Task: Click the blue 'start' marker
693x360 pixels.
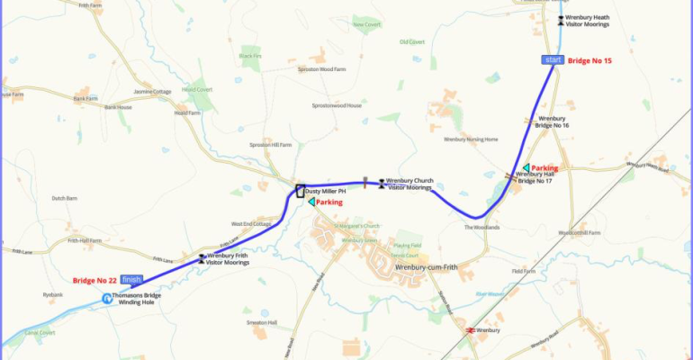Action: coord(553,59)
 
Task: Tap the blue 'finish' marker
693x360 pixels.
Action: coord(131,279)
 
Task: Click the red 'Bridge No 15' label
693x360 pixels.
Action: coord(589,60)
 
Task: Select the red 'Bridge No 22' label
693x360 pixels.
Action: coord(95,280)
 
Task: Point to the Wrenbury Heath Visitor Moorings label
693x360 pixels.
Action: coord(588,21)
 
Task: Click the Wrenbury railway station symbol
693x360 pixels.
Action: coord(470,331)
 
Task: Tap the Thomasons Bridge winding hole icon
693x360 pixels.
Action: coord(107,299)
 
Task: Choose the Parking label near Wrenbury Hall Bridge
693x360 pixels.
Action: coord(544,168)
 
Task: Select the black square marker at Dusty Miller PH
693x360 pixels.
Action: coord(301,191)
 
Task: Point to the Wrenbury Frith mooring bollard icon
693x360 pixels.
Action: coord(202,259)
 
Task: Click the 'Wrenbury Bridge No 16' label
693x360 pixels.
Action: coord(553,121)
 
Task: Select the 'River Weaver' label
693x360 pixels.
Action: coord(488,293)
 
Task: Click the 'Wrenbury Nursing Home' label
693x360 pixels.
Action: coord(471,139)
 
